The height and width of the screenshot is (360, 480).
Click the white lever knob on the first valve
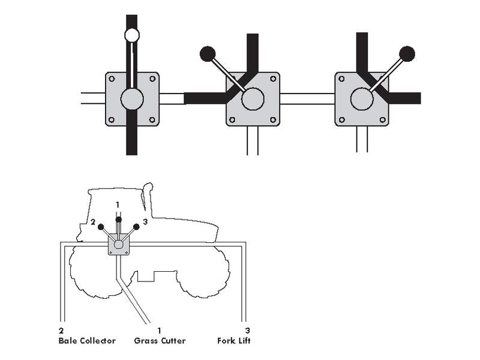point(132,35)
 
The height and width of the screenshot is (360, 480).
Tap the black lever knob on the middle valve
point(208,54)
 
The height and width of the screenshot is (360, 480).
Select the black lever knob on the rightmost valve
point(407,54)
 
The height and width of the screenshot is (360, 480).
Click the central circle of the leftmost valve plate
point(132,99)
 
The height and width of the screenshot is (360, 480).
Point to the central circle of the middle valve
point(253,99)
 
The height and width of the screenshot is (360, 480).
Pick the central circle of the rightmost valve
point(362,99)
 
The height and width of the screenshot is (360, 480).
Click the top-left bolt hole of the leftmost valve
point(112,79)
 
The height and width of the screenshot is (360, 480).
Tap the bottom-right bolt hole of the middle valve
point(273,119)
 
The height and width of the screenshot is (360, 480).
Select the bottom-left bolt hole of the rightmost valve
point(342,119)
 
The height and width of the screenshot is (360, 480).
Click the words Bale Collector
point(87,341)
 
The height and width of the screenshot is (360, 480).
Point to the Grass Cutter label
point(160,341)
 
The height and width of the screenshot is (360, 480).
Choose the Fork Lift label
point(234,341)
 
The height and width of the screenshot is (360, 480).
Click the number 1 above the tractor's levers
point(118,205)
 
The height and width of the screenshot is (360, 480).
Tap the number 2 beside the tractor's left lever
point(93,222)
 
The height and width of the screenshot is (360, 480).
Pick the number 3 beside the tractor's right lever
point(145,221)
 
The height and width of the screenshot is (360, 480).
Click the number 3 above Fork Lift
point(247,331)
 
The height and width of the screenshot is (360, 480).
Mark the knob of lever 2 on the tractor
point(101,227)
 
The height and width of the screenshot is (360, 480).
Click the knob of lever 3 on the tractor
point(137,227)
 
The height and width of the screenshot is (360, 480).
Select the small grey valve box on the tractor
point(119,244)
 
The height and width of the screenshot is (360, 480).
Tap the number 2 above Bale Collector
point(61,331)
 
